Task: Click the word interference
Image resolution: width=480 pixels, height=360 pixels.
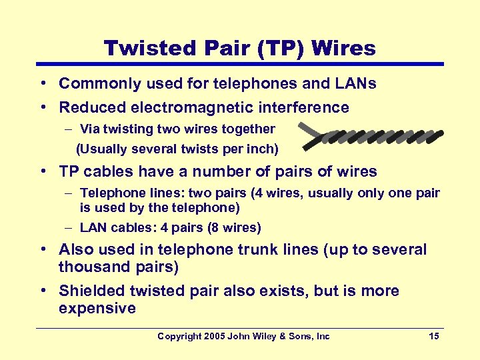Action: tap(309, 107)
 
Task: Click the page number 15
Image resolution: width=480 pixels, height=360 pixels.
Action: tap(434, 336)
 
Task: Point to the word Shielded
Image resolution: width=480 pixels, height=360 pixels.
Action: tap(91, 291)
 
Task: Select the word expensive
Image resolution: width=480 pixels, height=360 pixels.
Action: tap(97, 308)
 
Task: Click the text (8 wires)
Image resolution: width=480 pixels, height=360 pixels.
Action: tap(234, 227)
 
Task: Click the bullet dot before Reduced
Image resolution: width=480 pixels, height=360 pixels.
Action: tap(42, 107)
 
